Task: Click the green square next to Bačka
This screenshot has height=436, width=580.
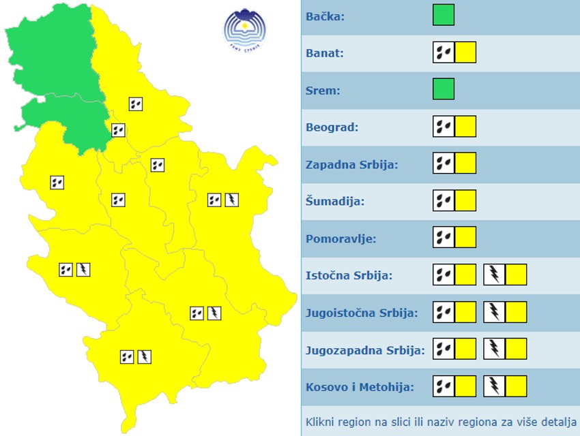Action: (444, 15)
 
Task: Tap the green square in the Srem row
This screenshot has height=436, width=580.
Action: (444, 89)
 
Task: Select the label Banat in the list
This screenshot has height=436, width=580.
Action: (325, 53)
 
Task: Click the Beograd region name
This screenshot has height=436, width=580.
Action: (332, 127)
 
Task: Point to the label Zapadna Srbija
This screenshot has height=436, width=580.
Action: (351, 164)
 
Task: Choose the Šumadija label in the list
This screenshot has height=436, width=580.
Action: (335, 202)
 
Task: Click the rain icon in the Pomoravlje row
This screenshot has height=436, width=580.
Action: (444, 238)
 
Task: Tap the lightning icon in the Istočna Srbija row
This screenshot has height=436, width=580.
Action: (494, 275)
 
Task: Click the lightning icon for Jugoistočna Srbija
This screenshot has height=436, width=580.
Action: (494, 313)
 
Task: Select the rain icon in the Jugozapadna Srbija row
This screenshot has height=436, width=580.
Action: (444, 350)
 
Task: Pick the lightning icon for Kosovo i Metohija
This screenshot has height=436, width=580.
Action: (494, 387)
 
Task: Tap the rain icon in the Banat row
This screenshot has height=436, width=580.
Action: (444, 52)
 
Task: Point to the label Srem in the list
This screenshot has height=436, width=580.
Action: (323, 90)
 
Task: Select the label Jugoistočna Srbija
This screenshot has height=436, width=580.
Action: (362, 313)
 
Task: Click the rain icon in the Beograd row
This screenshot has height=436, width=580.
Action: (444, 127)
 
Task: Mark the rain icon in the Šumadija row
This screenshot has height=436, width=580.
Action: (444, 201)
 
